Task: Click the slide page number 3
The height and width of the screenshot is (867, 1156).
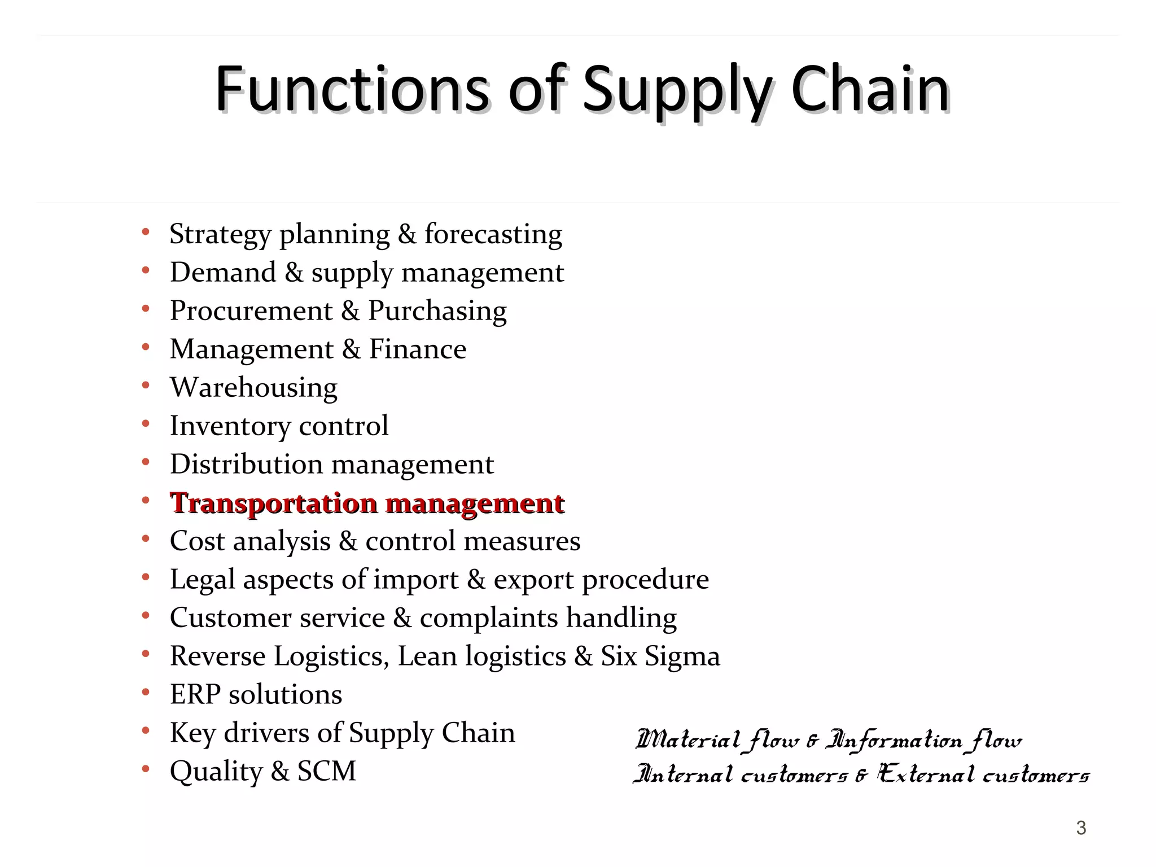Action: coord(1081,828)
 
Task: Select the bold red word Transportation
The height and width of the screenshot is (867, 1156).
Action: coord(274,503)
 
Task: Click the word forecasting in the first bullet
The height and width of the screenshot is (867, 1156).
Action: coord(493,234)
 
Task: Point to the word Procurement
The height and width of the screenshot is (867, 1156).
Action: coord(251,311)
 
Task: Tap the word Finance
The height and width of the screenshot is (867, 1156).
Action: coord(418,349)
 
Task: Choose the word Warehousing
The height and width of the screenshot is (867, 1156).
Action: coord(253,388)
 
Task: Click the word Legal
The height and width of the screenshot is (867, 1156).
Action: coord(202,580)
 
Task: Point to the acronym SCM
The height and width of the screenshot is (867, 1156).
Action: coord(327,771)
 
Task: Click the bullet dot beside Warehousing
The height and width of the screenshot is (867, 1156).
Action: coord(146,386)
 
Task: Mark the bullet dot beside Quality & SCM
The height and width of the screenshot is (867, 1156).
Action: coord(146,769)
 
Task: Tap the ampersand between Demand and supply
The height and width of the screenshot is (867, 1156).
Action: coord(294,273)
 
